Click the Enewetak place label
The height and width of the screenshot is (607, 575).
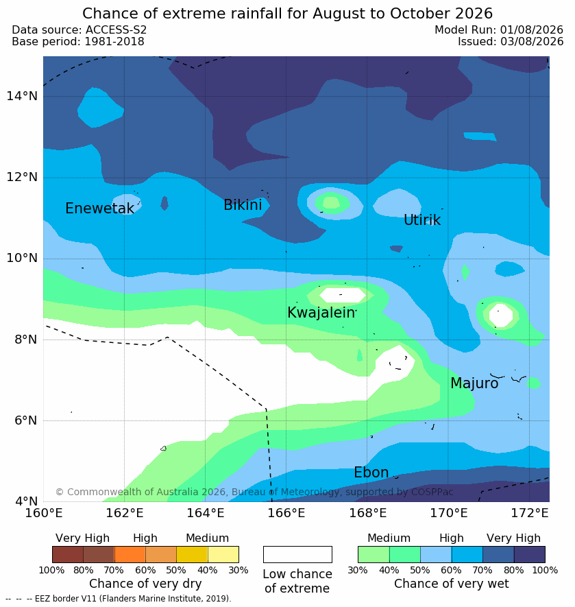99,209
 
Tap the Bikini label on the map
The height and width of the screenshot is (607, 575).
243,205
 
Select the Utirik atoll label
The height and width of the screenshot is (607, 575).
422,220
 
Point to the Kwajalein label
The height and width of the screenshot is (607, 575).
321,312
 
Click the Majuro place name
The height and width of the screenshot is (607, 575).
474,383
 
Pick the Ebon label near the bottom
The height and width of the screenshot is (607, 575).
371,473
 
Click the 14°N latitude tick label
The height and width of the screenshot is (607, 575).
22,95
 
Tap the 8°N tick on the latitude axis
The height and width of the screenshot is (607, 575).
26,340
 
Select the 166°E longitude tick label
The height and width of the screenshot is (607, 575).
286,513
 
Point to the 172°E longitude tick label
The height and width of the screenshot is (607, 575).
530,513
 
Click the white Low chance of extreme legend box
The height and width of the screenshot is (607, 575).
297,554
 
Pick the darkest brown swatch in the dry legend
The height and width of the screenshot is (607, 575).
68,554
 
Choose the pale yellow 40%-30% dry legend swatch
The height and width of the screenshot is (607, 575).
223,554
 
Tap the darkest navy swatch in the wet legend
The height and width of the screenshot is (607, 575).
530,554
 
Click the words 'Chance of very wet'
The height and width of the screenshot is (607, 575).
451,584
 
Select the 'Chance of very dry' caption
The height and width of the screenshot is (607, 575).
145,584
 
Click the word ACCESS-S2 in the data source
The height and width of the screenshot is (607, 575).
116,29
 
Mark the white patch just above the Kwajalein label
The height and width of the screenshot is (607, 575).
342,295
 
